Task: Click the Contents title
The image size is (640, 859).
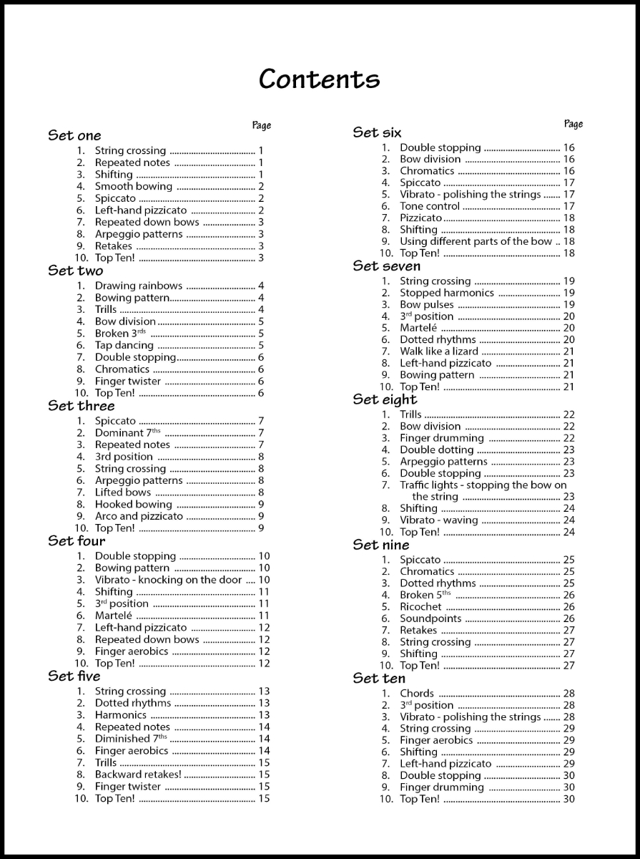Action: pos(319,79)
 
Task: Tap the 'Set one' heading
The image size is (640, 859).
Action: pos(74,135)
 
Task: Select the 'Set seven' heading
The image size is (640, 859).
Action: pos(386,266)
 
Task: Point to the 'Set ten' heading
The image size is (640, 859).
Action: pos(379,678)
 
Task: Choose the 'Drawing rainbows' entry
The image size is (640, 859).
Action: pos(139,286)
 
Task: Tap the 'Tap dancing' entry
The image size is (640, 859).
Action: pos(124,345)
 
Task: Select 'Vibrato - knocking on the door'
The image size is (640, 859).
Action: pos(169,580)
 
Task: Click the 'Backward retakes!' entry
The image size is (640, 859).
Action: pos(138,775)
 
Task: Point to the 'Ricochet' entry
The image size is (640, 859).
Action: pos(420,607)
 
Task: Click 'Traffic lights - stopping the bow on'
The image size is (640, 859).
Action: pos(483,485)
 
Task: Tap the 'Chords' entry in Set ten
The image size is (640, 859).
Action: pos(417,694)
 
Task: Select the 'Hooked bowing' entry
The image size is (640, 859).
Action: pos(134,505)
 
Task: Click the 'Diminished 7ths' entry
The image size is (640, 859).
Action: pos(132,739)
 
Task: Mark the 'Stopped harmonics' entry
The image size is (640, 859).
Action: pos(447,293)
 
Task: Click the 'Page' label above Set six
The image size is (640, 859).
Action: pos(573,124)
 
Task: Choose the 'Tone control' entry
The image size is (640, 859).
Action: pos(430,206)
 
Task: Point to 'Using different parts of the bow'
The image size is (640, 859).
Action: pos(476,241)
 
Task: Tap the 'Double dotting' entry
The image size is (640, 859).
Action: pos(436,450)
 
